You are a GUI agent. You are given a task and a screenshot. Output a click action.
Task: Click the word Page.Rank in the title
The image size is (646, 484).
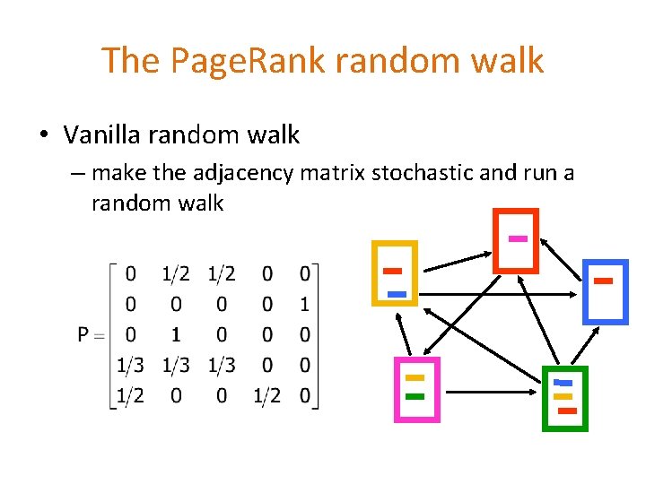point(234,60)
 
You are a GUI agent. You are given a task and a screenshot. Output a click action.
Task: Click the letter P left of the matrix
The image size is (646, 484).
point(83,334)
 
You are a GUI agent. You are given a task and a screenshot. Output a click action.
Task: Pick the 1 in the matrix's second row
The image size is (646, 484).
point(305,305)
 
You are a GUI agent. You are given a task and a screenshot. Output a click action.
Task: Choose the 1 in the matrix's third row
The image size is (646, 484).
point(176,334)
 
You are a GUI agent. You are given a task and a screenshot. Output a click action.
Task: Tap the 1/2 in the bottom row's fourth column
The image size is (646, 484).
point(266,396)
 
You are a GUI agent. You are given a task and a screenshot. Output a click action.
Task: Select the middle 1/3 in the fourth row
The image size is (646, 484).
point(176,365)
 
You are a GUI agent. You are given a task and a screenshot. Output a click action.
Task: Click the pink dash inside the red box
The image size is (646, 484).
point(517,238)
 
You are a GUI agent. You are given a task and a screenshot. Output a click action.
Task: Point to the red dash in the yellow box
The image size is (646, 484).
point(392,271)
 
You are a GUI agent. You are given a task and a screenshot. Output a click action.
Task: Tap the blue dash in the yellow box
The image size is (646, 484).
point(397,294)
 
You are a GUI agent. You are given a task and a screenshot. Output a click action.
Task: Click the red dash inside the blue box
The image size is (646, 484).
point(603,281)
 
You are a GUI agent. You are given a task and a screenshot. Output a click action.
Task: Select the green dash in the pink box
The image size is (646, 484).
point(415,395)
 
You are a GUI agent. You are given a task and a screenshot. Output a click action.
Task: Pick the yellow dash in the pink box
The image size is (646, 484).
point(415,378)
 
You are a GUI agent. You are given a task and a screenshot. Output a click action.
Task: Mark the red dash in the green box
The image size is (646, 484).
point(567,411)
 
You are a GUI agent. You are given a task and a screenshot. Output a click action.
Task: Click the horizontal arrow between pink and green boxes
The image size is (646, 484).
point(490,392)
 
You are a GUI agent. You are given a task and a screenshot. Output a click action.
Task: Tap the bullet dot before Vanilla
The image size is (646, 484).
point(43,136)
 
